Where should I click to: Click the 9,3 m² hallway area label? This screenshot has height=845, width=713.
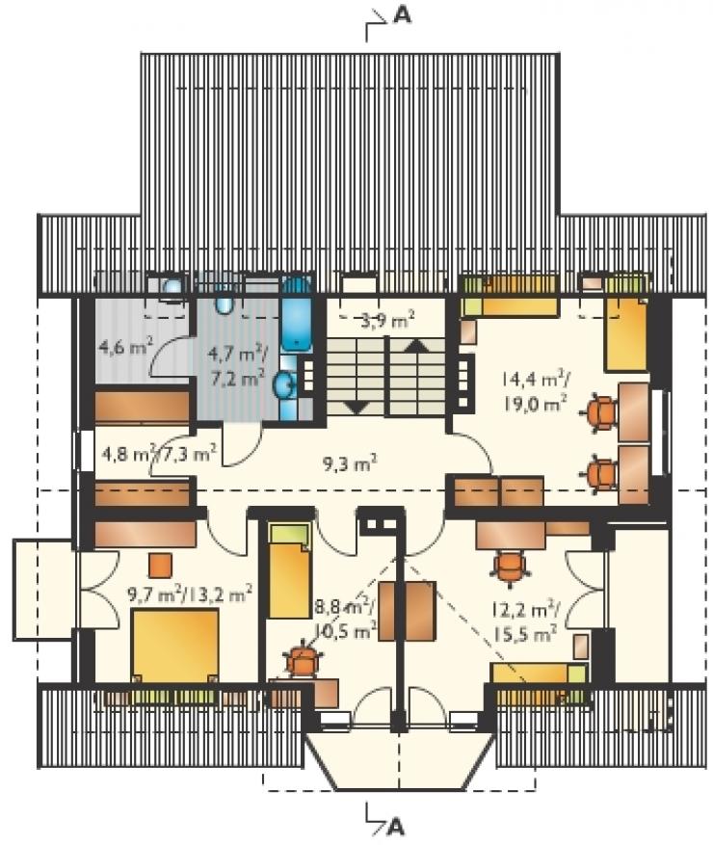point(350,462)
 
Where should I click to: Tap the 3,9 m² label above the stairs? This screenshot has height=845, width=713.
point(387,322)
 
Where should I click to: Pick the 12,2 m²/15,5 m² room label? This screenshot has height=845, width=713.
point(525,621)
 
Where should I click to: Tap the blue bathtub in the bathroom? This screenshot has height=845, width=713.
point(296,315)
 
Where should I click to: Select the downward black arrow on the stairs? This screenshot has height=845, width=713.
point(356,407)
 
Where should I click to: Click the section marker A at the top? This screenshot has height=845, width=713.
point(402,16)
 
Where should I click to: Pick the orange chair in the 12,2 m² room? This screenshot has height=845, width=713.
point(509,565)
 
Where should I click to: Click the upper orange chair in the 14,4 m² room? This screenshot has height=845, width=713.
point(599,412)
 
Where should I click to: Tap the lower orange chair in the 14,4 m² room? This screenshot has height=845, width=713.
point(600,474)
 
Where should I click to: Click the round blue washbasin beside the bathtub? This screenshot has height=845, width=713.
point(284,385)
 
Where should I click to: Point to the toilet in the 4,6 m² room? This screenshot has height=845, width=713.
point(172,287)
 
